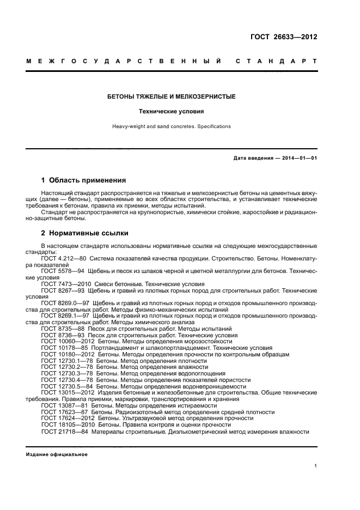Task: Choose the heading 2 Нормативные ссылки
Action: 85,233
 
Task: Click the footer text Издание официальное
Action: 57,454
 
